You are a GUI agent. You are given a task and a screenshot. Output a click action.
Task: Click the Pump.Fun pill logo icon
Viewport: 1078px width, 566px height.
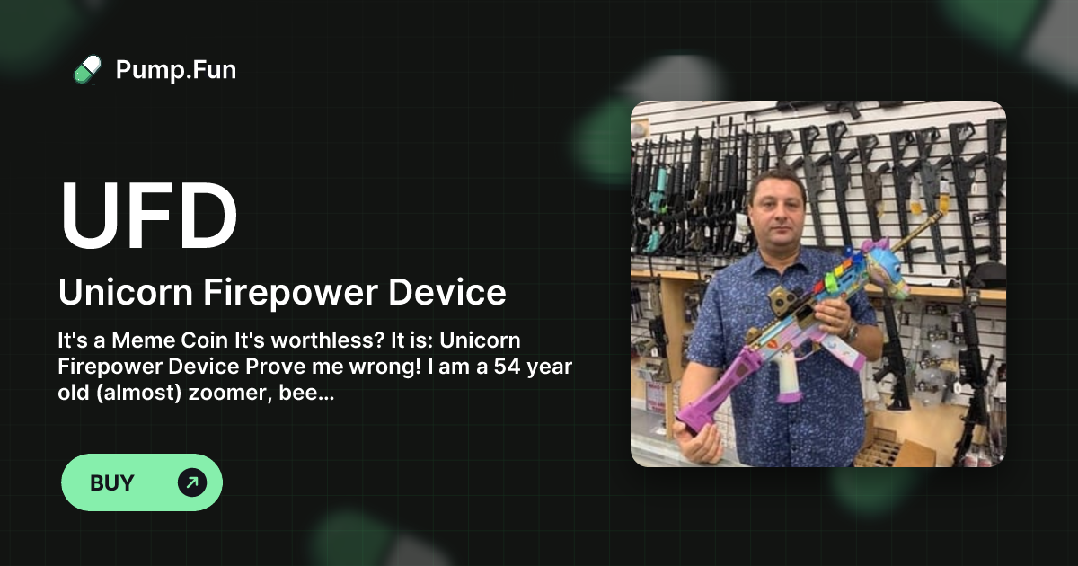click(87, 69)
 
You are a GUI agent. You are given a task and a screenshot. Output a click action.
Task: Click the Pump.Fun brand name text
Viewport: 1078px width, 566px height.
click(176, 69)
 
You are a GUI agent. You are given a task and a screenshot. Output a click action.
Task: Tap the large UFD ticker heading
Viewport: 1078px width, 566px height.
click(149, 217)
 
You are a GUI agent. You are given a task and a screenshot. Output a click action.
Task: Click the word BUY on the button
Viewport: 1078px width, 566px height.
click(112, 482)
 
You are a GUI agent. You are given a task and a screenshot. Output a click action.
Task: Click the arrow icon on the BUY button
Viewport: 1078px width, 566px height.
click(192, 482)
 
